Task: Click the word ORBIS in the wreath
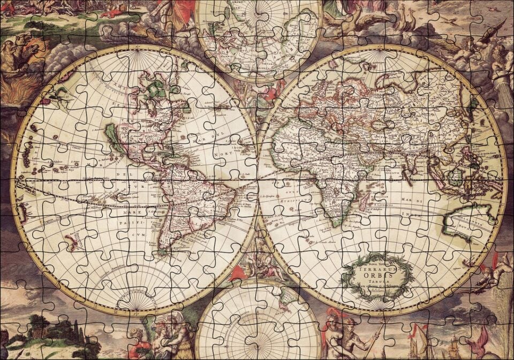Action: pyautogui.click(x=379, y=276)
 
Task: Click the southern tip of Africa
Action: pyautogui.click(x=336, y=220)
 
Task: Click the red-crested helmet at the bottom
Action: pyautogui.click(x=329, y=316)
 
